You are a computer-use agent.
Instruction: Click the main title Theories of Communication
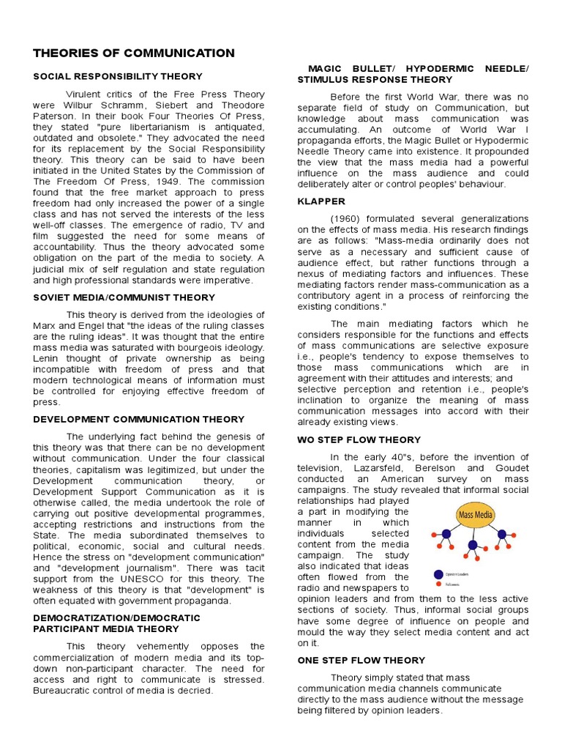pyautogui.click(x=134, y=53)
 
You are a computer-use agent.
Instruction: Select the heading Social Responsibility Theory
pyautogui.click(x=118, y=76)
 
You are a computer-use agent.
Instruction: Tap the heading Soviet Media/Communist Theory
pyautogui.click(x=124, y=297)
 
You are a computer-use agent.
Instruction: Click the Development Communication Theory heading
pyautogui.click(x=138, y=420)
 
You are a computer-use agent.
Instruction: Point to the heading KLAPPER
pyautogui.click(x=321, y=201)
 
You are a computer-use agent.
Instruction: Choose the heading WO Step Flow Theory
pyautogui.click(x=359, y=439)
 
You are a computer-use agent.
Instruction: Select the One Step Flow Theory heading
pyautogui.click(x=361, y=660)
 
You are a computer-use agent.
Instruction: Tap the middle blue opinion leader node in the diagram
pyautogui.click(x=473, y=546)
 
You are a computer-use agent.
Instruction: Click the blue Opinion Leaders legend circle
pyautogui.click(x=438, y=574)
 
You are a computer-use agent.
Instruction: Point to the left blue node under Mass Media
pyautogui.click(x=446, y=534)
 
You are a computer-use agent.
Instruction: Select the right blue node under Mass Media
pyautogui.click(x=502, y=534)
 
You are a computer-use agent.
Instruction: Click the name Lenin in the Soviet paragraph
pyautogui.click(x=47, y=358)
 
